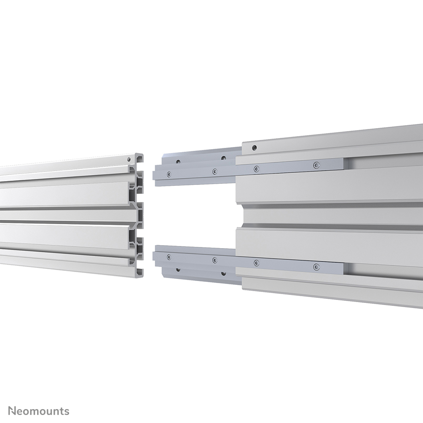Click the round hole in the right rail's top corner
254,148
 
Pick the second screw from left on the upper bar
214,171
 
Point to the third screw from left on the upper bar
256,169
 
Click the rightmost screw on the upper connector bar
316,165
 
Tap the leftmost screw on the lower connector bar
169,257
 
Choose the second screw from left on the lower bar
214,260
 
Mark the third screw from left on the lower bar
256,263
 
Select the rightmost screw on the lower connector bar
316,266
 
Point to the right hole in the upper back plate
223,158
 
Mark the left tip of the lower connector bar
155,256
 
